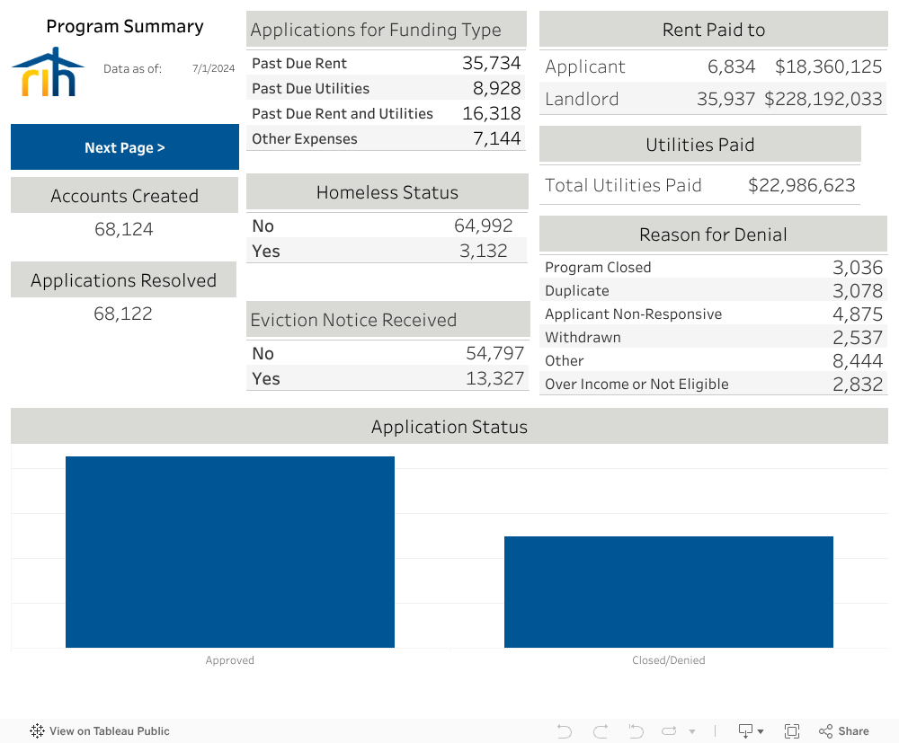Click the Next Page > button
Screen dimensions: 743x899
point(124,147)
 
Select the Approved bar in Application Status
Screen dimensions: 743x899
point(229,552)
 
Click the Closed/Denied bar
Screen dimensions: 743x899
point(668,591)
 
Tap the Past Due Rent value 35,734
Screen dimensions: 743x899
point(491,63)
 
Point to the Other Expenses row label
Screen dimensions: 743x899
point(304,138)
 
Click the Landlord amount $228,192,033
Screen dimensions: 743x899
point(823,99)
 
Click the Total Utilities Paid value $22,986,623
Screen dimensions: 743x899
point(801,185)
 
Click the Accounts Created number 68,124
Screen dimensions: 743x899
point(123,229)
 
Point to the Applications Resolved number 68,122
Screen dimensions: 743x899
point(123,314)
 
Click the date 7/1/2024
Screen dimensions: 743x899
point(213,68)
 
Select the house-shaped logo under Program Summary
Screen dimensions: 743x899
point(48,72)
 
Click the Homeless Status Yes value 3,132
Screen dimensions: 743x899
point(483,251)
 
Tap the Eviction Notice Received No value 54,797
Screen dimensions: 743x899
point(494,353)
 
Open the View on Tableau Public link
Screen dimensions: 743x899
point(100,731)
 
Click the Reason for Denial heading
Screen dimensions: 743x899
point(713,234)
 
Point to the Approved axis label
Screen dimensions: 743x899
point(229,660)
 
